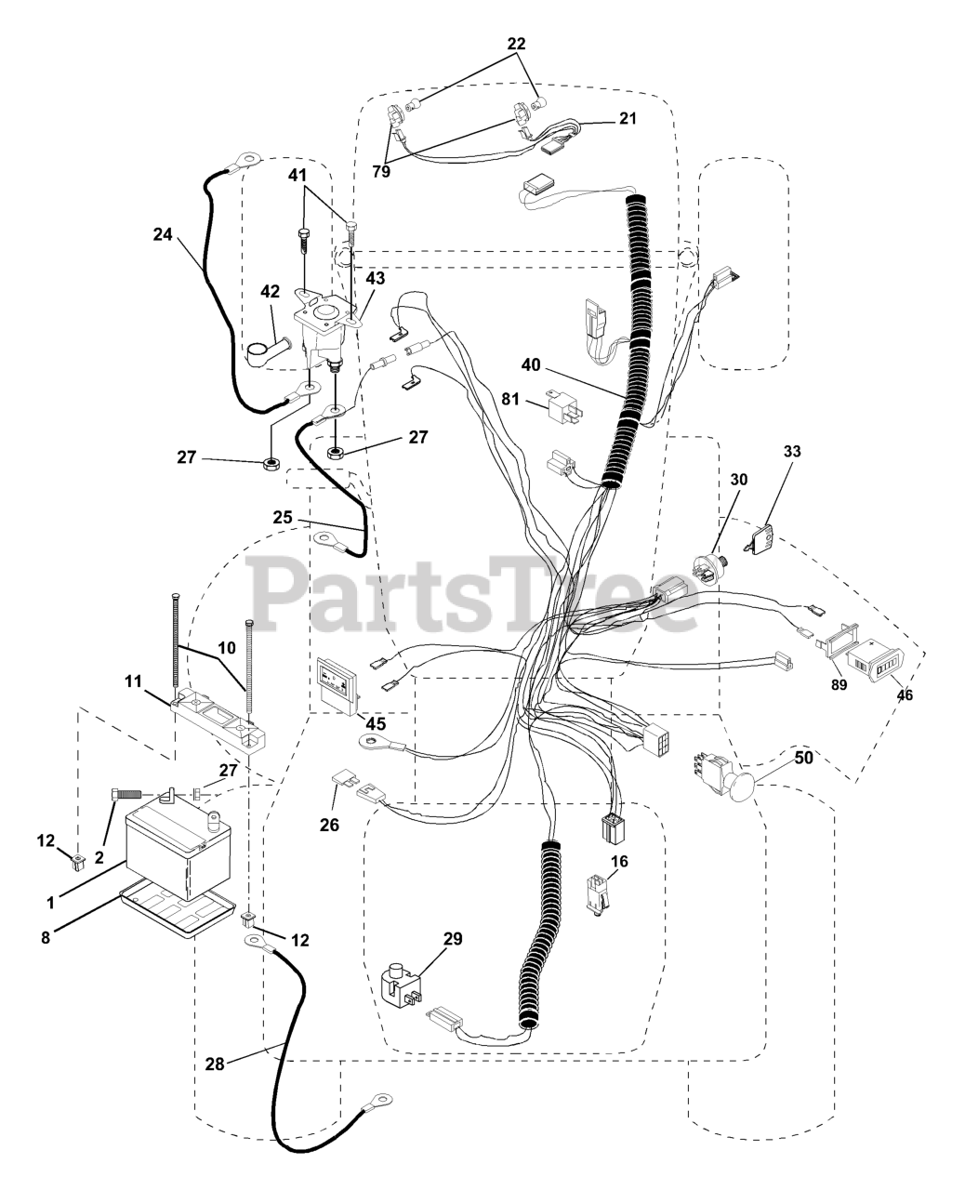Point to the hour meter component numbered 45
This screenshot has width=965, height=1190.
click(337, 684)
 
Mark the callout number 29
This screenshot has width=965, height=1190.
click(452, 939)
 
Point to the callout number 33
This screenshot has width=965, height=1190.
click(791, 451)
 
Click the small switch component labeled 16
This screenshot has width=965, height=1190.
click(595, 895)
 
